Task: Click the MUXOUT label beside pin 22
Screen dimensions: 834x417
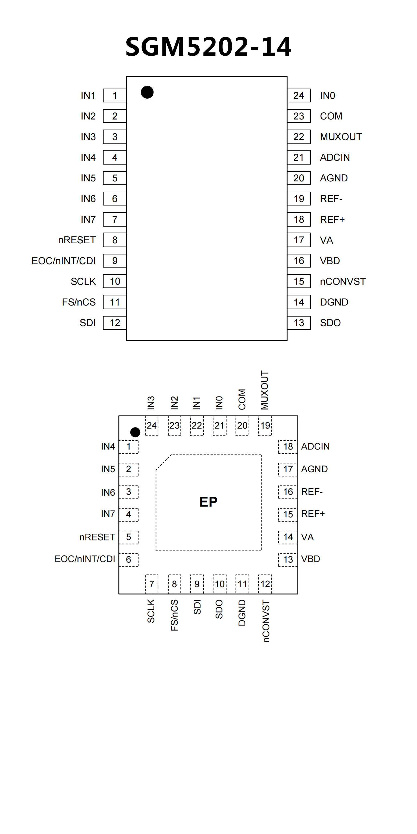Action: (341, 137)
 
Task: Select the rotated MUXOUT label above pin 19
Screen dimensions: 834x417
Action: (265, 390)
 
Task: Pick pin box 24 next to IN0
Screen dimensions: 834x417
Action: (299, 96)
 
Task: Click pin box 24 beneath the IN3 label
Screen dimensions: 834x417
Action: (152, 426)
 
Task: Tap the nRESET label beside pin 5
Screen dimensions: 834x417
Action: (97, 537)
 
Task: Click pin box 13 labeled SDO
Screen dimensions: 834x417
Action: (299, 323)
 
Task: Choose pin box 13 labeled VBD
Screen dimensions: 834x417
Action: (288, 559)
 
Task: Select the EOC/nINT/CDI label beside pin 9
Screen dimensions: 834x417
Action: (64, 261)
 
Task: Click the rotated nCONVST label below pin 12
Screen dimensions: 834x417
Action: (265, 621)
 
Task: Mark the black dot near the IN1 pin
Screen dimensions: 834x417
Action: (147, 92)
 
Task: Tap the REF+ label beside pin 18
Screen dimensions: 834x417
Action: (332, 219)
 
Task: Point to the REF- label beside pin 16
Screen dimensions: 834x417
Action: (312, 492)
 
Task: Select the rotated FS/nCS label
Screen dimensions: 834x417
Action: (174, 615)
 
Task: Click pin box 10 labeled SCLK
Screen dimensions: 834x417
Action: (115, 281)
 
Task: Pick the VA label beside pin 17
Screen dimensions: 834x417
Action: (326, 240)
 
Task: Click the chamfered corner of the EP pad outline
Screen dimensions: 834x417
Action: (164, 462)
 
